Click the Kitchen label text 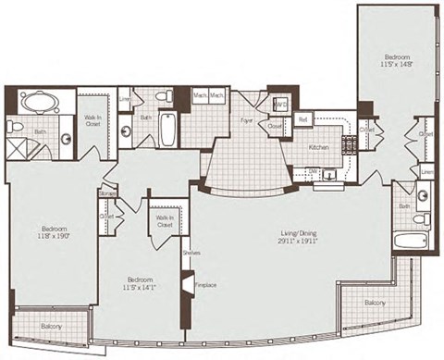pos(319,148)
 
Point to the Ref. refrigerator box pos(302,119)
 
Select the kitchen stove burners pos(351,144)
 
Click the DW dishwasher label pos(314,171)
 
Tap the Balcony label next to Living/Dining pos(375,302)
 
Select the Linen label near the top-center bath pos(125,99)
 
